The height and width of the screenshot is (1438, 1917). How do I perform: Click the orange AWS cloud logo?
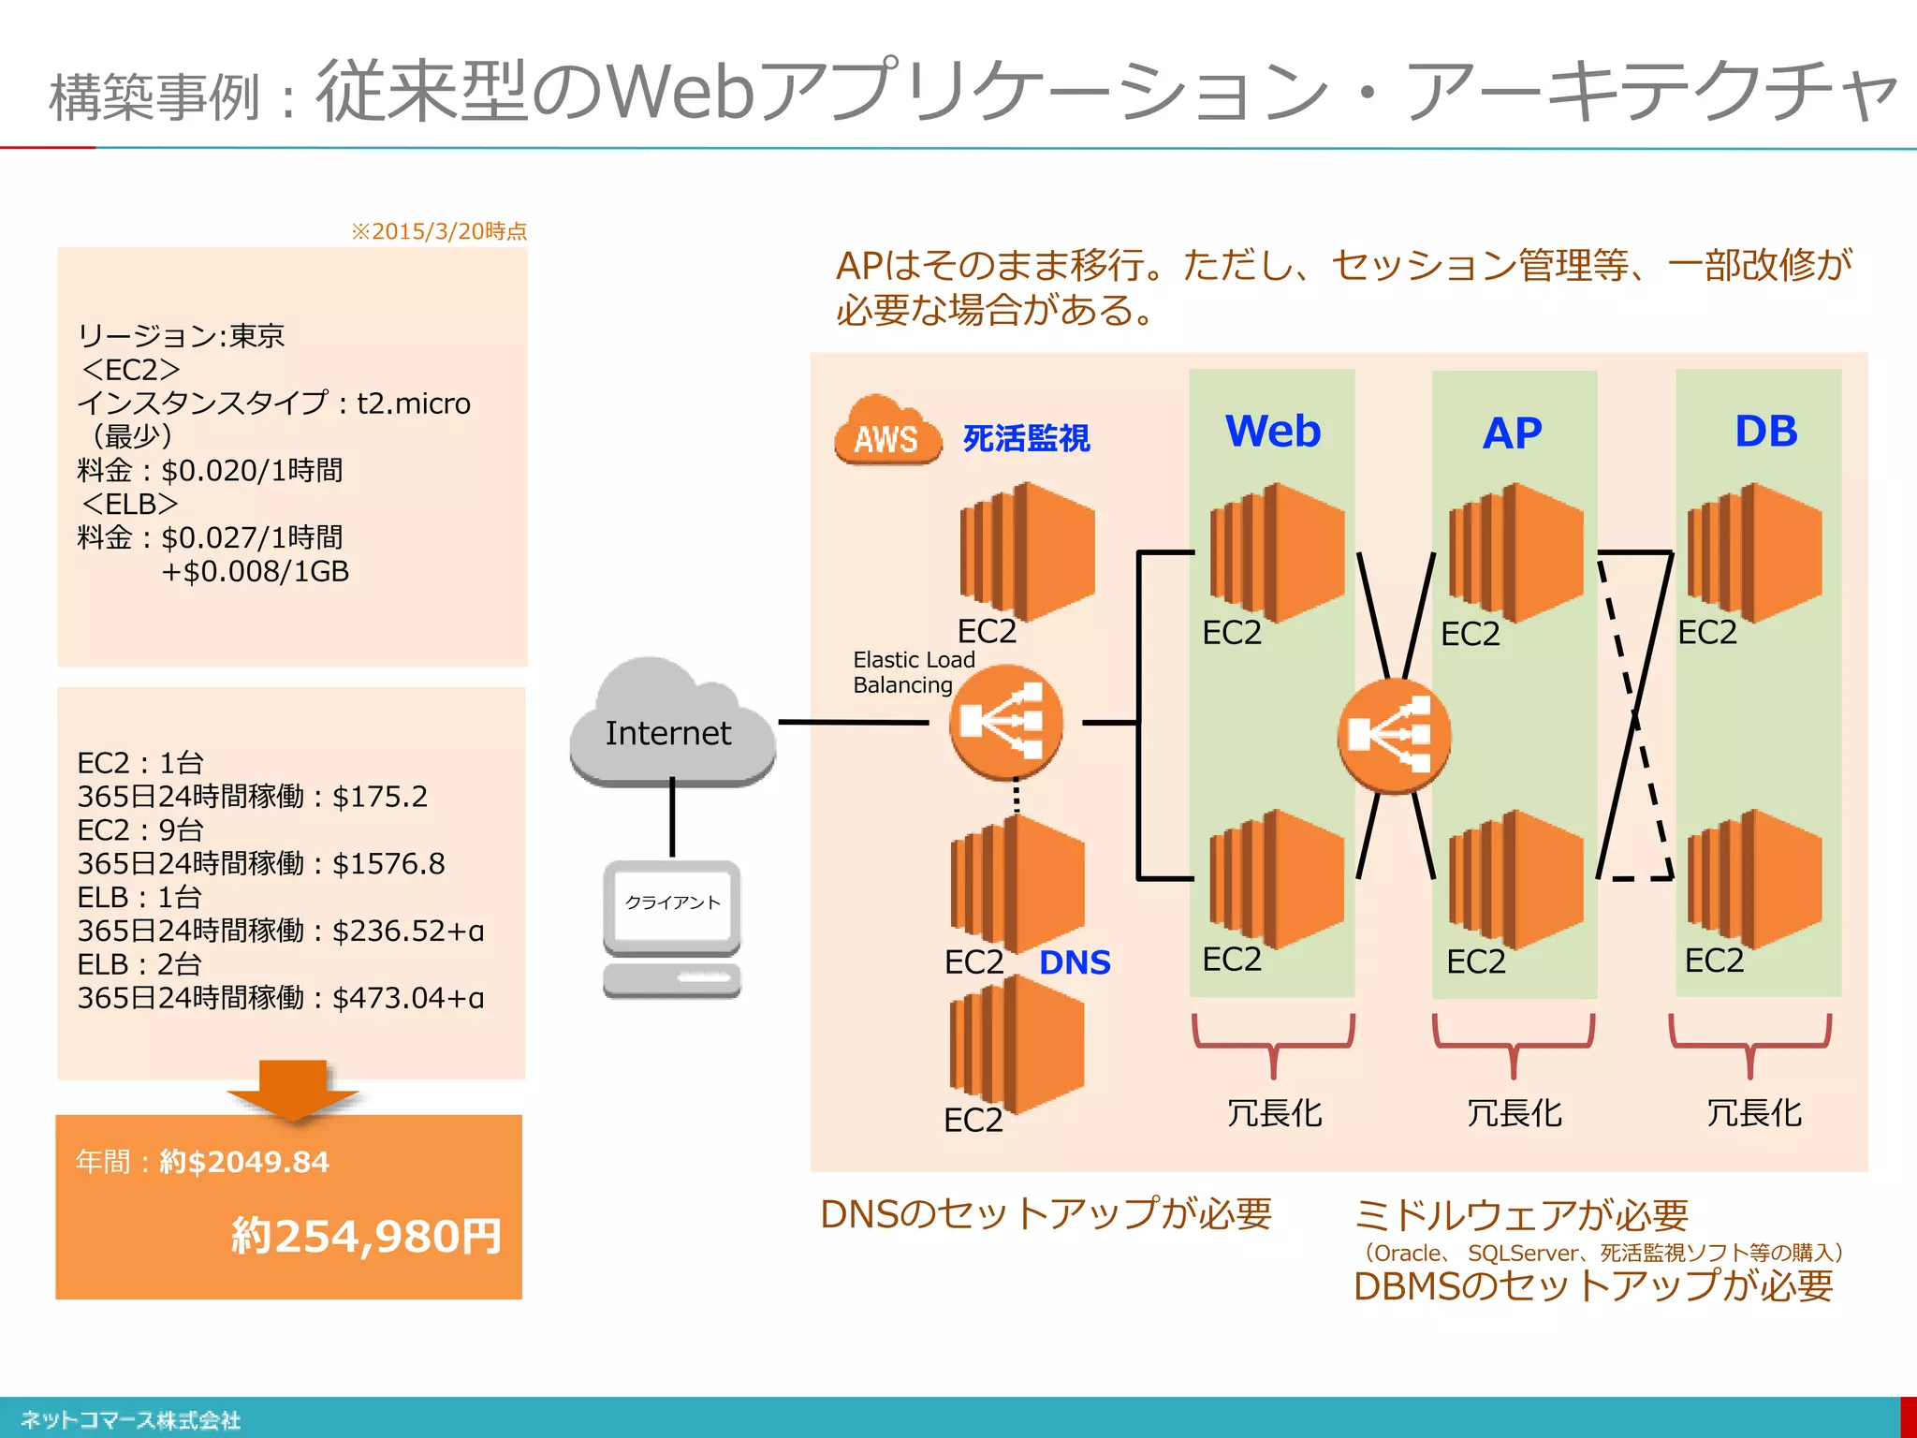tap(886, 432)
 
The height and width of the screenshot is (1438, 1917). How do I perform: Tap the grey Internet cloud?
tap(670, 726)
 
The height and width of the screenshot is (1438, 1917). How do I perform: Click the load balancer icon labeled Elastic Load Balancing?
tap(1005, 722)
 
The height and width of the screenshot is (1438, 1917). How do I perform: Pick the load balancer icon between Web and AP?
tap(1394, 736)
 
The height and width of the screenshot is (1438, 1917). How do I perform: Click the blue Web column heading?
tap(1272, 432)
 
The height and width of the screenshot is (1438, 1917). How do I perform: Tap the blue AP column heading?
tap(1512, 433)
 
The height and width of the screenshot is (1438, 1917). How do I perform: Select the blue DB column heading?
tap(1765, 432)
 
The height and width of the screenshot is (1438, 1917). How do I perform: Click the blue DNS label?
tap(1075, 962)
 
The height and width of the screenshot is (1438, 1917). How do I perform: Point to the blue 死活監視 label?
tap(1026, 438)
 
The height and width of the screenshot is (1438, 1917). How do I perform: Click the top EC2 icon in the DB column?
tap(1754, 552)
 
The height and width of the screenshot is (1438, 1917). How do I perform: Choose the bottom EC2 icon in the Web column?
tap(1276, 878)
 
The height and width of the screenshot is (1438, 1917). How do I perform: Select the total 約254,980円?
tap(366, 1236)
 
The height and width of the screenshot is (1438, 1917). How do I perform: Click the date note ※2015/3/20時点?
tap(438, 231)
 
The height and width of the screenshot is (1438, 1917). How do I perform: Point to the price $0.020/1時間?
tap(252, 470)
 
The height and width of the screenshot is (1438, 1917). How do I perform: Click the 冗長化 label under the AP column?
tap(1514, 1113)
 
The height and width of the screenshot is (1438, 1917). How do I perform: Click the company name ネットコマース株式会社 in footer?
tap(130, 1420)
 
